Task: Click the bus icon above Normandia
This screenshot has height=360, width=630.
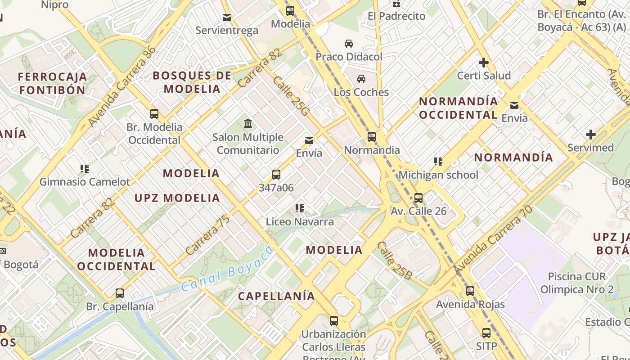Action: pyautogui.click(x=371, y=136)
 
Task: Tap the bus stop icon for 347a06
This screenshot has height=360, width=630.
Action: pyautogui.click(x=276, y=175)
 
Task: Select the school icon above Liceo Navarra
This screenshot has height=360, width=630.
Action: pyautogui.click(x=300, y=208)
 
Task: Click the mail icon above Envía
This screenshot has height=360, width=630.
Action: pyautogui.click(x=309, y=140)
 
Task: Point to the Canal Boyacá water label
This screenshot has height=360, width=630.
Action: pyautogui.click(x=227, y=269)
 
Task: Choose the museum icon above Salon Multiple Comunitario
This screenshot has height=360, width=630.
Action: pyautogui.click(x=247, y=123)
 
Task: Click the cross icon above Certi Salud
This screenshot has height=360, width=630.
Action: pyautogui.click(x=484, y=62)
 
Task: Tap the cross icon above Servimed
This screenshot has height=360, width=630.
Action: pyautogui.click(x=590, y=134)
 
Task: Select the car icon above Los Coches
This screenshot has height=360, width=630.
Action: pyautogui.click(x=361, y=79)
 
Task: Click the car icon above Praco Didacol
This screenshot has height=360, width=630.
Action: pyautogui.click(x=348, y=44)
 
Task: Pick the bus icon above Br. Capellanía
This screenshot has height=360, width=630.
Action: pyautogui.click(x=119, y=293)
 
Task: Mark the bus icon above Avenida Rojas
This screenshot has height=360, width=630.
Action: pyautogui.click(x=470, y=291)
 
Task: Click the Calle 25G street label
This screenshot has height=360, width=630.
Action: pyautogui.click(x=291, y=96)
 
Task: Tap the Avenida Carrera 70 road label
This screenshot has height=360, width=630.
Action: pyautogui.click(x=493, y=240)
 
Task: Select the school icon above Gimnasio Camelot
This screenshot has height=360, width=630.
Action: pyautogui.click(x=84, y=169)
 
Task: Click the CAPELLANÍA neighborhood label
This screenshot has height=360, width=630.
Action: pyautogui.click(x=276, y=296)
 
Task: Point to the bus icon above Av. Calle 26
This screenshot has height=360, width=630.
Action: pyautogui.click(x=418, y=198)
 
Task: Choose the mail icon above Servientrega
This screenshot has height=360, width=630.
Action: pyautogui.click(x=227, y=18)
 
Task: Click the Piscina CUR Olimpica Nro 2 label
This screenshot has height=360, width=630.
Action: pyautogui.click(x=577, y=283)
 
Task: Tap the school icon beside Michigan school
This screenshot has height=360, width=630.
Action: pyautogui.click(x=438, y=161)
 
